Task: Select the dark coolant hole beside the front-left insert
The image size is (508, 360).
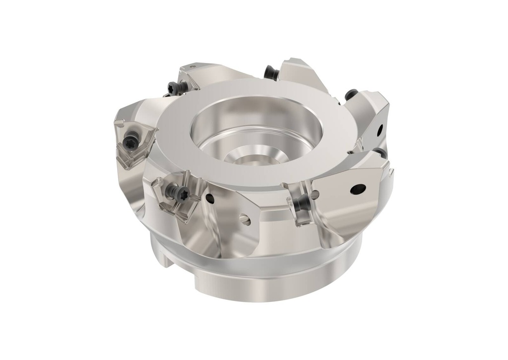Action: pos(210,198)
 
